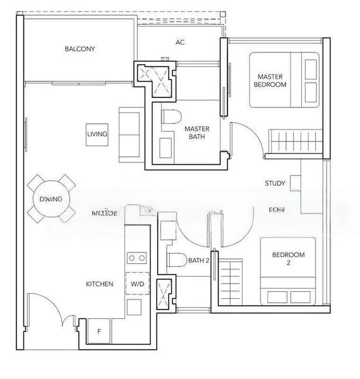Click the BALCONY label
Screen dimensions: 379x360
point(79,49)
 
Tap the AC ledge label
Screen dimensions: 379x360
point(180,43)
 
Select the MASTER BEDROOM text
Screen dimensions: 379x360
point(270,80)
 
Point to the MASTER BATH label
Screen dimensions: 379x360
point(196,132)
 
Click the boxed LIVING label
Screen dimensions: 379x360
point(97,135)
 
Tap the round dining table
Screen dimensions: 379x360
point(51,199)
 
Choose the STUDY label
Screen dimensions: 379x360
point(275,184)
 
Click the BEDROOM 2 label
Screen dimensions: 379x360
point(288,259)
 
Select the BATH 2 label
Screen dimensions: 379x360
point(198,260)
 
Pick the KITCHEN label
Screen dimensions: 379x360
point(99,284)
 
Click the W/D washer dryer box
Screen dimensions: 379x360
point(137,284)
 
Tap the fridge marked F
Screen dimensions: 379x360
point(99,330)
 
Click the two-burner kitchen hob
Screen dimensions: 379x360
point(137,258)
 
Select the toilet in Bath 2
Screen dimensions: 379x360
point(177,260)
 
